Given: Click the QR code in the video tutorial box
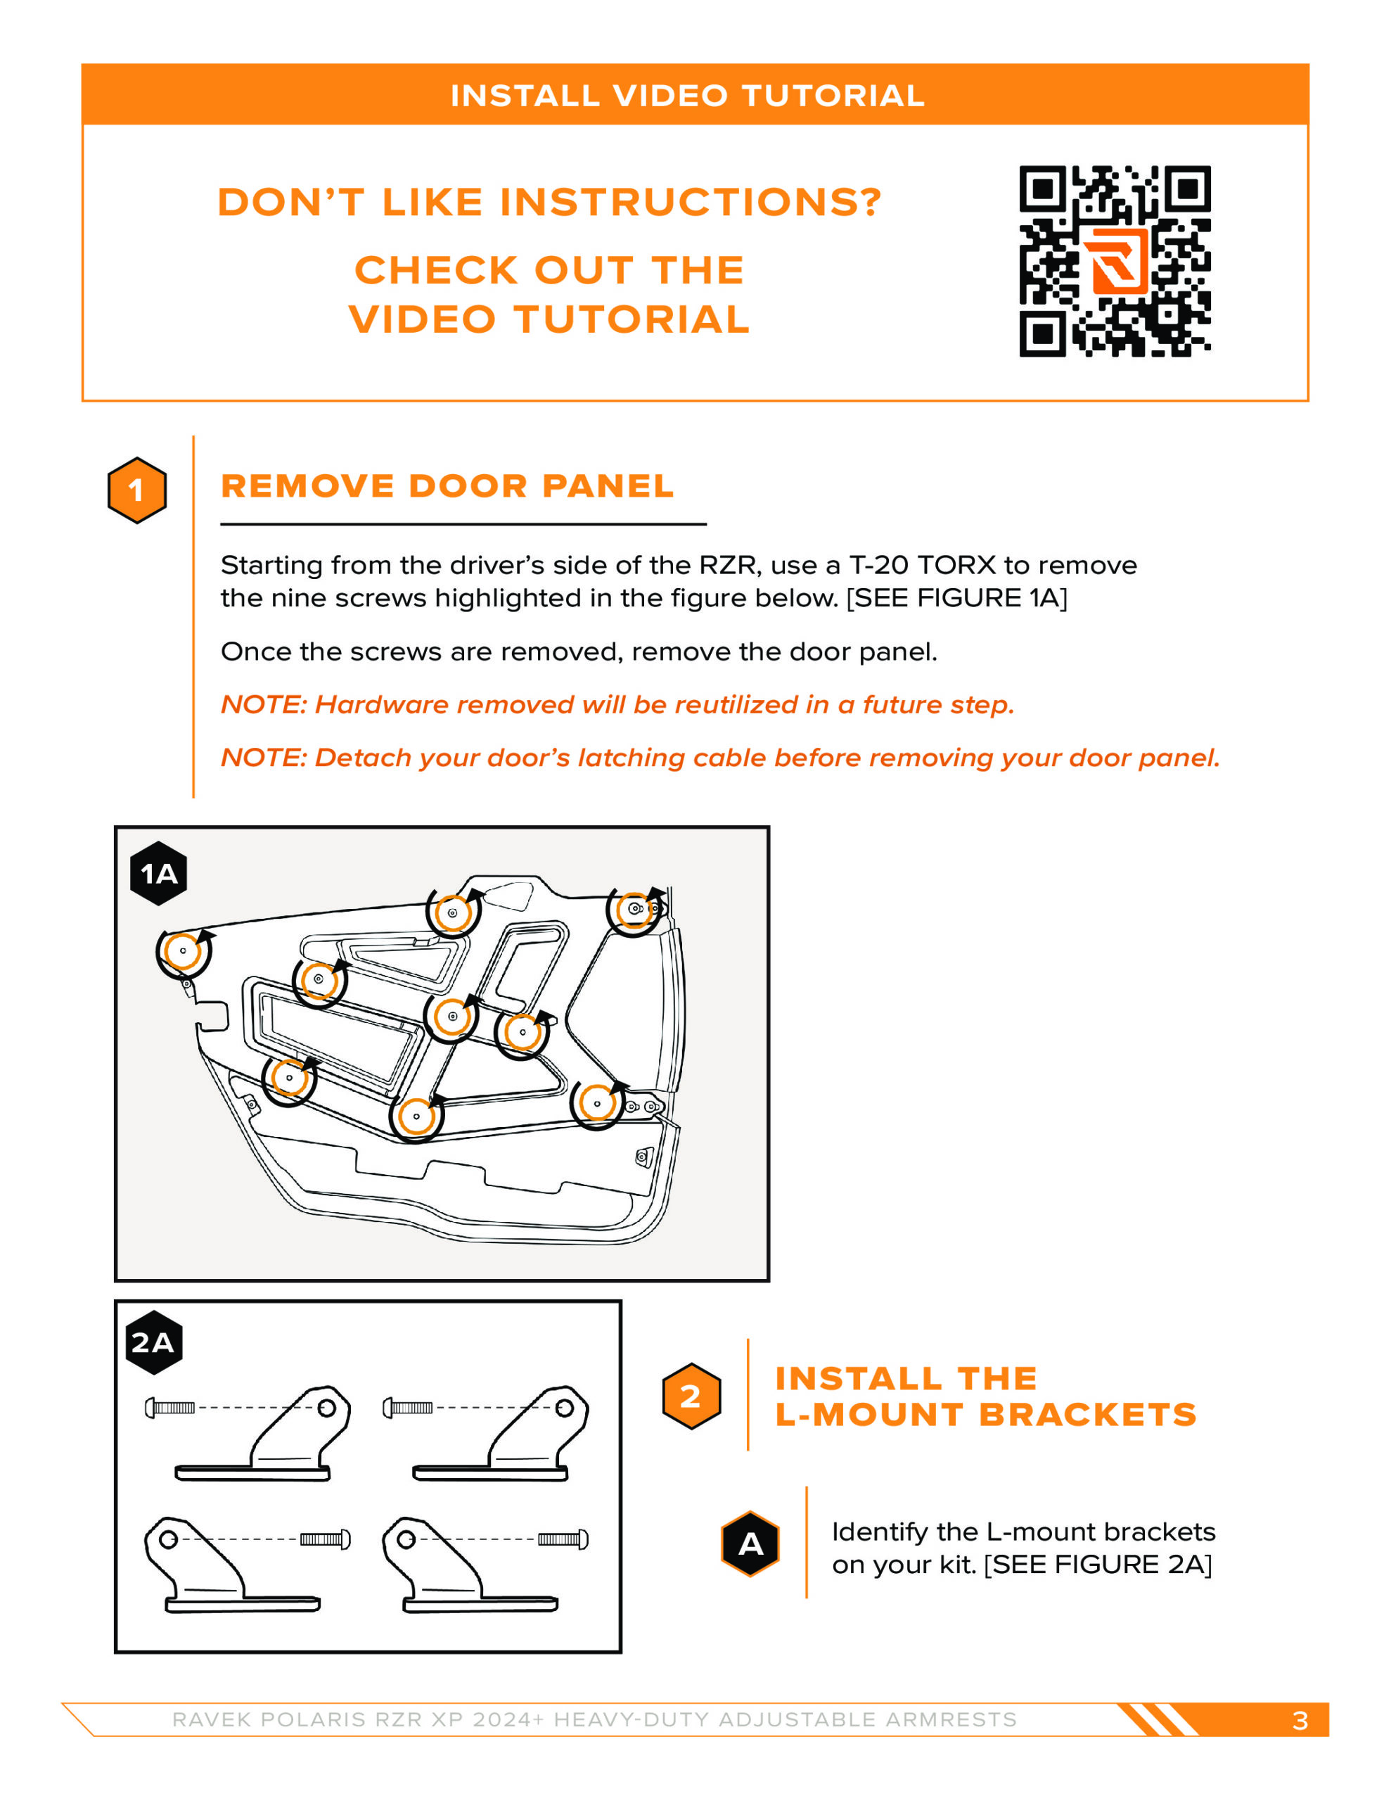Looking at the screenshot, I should pyautogui.click(x=1115, y=262).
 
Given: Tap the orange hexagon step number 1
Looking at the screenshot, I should pyautogui.click(x=137, y=490).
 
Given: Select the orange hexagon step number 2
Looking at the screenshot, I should pyautogui.click(x=691, y=1396).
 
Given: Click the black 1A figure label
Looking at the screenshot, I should pyautogui.click(x=158, y=873).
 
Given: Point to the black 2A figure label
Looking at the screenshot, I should pyautogui.click(x=153, y=1342).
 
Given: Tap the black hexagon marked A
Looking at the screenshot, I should pyautogui.click(x=750, y=1544).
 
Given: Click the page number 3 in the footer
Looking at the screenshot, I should pyautogui.click(x=1300, y=1720).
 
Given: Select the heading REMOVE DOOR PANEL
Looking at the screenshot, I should pyautogui.click(x=447, y=487).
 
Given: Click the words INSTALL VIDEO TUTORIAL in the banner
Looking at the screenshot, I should pyautogui.click(x=687, y=96).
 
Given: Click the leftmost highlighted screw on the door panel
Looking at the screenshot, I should pyautogui.click(x=183, y=951).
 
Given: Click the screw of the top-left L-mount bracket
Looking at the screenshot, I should pyautogui.click(x=170, y=1408).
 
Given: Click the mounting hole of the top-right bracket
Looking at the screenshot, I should pyautogui.click(x=564, y=1408).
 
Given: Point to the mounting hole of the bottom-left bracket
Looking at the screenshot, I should pyautogui.click(x=168, y=1539).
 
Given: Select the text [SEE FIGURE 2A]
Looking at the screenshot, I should pyautogui.click(x=1098, y=1565).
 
